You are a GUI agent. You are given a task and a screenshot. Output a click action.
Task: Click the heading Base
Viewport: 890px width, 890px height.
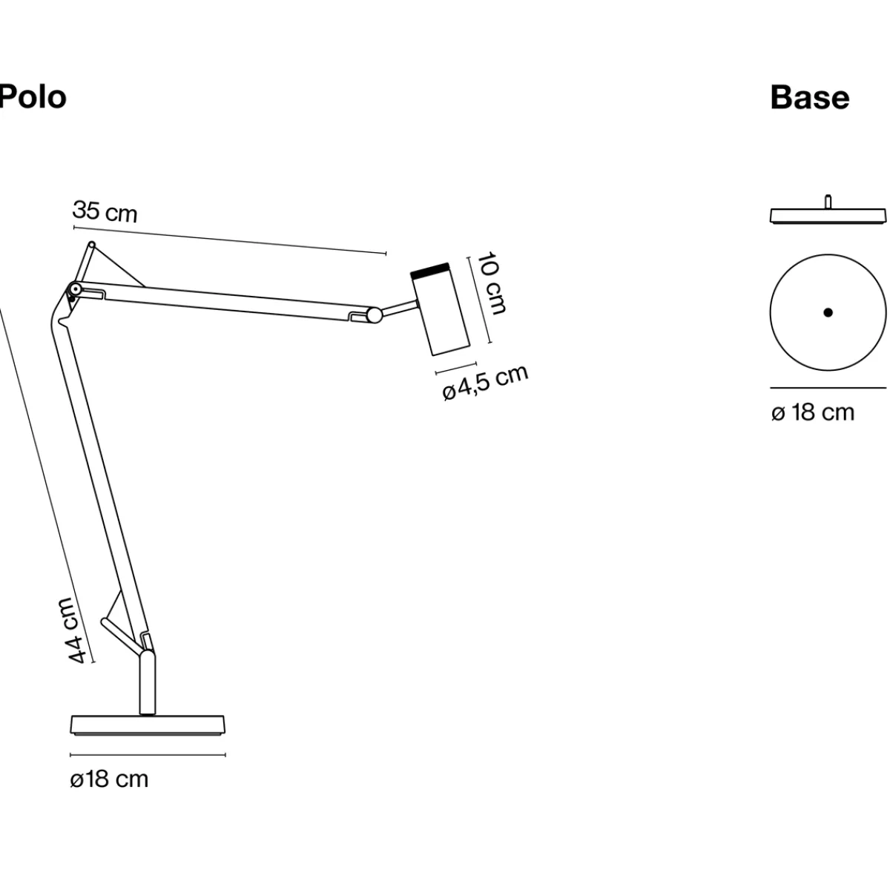809,97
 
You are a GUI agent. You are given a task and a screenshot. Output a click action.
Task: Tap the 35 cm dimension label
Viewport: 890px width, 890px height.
105,211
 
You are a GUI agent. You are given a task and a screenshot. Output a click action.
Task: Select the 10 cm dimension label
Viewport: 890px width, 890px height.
490,283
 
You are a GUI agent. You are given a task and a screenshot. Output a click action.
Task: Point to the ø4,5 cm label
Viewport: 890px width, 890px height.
485,383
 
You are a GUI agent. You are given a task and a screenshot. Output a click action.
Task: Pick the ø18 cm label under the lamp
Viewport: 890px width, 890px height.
109,779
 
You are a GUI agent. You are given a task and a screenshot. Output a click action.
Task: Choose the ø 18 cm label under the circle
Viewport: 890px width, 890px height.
812,412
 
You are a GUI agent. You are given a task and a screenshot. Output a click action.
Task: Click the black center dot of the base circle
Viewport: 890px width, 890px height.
828,312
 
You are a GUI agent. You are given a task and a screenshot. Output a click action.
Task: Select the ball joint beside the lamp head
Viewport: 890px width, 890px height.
375,315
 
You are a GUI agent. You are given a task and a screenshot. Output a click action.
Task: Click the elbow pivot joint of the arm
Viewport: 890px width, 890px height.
74,289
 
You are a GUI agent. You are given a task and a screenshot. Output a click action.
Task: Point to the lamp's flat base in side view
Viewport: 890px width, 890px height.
148,725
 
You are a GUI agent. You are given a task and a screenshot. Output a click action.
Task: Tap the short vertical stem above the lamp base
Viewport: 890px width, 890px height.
148,683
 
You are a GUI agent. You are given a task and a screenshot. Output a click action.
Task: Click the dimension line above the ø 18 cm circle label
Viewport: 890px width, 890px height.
828,387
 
